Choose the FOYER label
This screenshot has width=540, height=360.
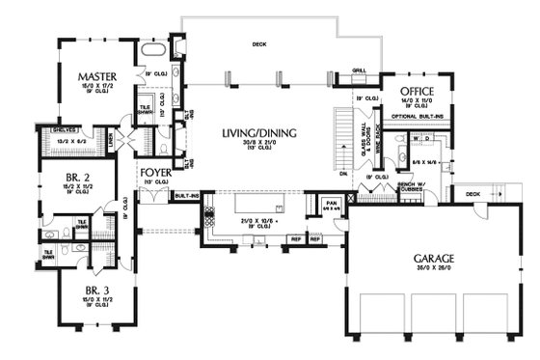[x=156, y=175]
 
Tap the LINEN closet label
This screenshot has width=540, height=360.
[x=112, y=145]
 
